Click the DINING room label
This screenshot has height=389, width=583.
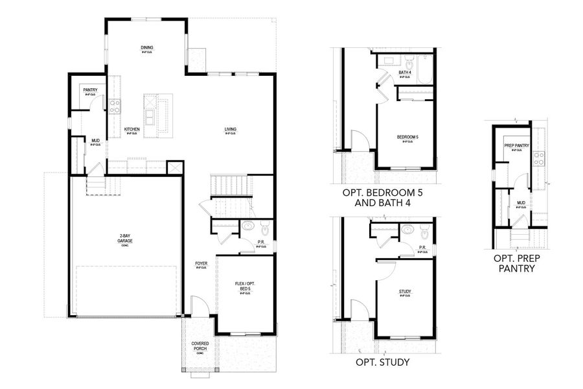point(147,48)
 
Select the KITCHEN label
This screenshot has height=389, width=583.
point(132,130)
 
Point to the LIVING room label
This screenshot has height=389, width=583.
point(231,130)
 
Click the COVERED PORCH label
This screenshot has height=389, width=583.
point(200,346)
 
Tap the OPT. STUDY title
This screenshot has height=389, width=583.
point(382,362)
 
